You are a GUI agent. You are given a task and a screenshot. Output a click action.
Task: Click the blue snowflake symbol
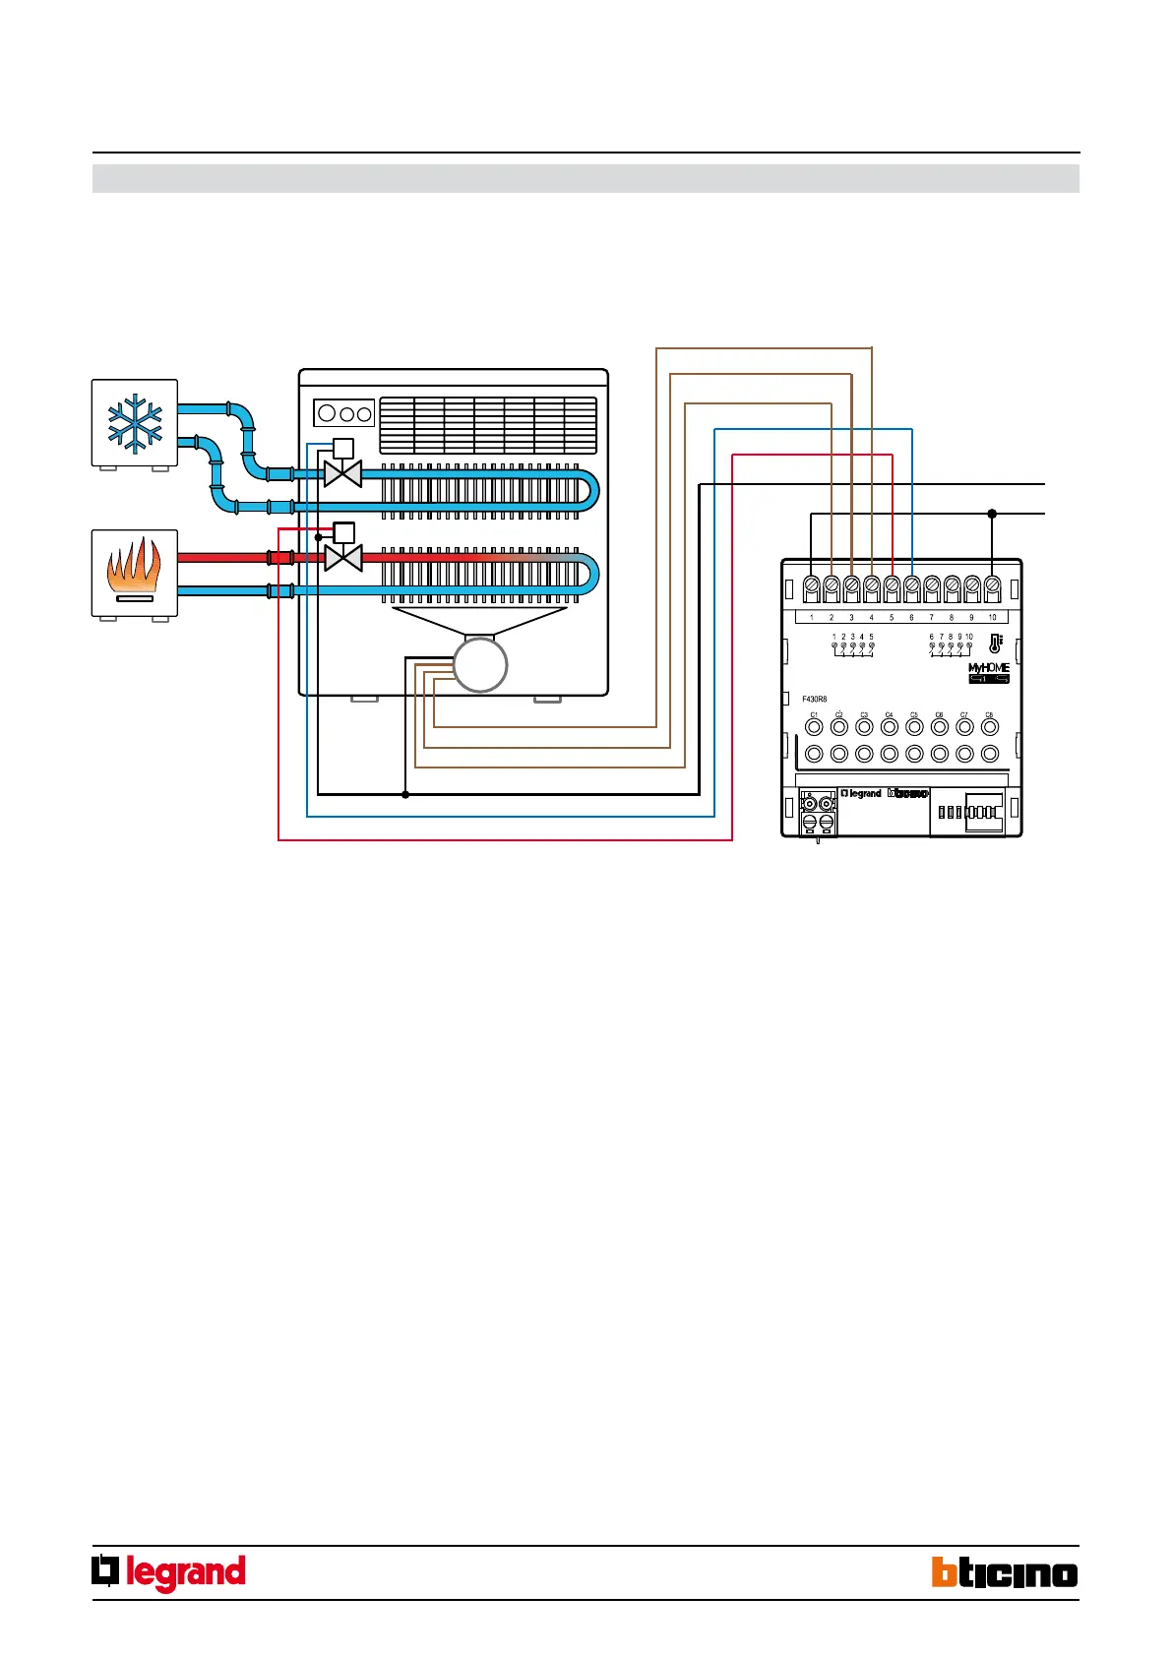[135, 422]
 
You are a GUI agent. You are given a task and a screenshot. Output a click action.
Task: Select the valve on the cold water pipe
[342, 473]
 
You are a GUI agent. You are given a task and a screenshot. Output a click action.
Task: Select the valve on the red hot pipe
[342, 558]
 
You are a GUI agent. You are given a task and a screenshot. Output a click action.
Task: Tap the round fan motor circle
[480, 665]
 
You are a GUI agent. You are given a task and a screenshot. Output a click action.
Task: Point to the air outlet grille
[488, 425]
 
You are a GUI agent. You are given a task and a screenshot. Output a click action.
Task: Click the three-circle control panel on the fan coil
[343, 413]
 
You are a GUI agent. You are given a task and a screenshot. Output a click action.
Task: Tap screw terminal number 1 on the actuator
[811, 587]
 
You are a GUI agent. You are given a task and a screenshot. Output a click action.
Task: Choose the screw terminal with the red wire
[892, 587]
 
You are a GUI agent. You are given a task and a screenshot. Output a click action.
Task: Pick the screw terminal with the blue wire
[912, 587]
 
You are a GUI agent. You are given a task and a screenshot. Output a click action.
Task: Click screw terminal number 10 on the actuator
[992, 587]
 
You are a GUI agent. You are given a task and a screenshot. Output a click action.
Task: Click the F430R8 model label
[814, 700]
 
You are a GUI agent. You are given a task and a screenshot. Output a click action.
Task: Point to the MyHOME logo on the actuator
[989, 668]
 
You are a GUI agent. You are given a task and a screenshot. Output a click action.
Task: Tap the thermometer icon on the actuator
[996, 644]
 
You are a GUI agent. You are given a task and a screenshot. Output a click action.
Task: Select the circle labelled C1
[814, 727]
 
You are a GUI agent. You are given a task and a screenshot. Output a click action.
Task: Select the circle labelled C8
[990, 727]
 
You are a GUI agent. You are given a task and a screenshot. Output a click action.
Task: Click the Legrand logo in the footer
[169, 1572]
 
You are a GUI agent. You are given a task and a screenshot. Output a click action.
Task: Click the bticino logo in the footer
[1005, 1572]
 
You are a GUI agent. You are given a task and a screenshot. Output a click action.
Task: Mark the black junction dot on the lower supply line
[992, 514]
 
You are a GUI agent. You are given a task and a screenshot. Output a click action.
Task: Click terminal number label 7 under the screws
[932, 618]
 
